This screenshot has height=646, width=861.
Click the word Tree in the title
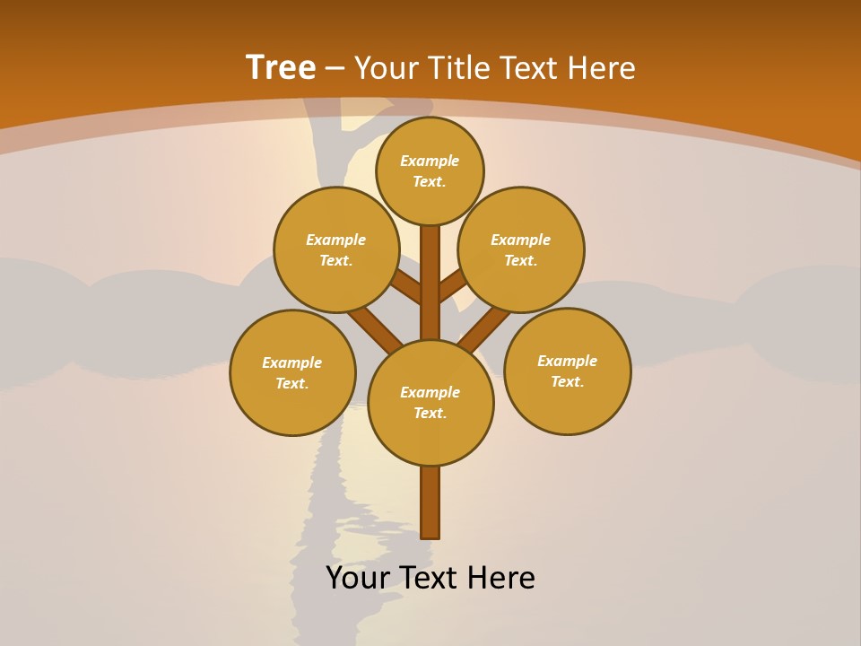pos(281,68)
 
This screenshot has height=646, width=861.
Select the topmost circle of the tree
pos(430,170)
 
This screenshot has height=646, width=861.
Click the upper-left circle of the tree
pos(336,249)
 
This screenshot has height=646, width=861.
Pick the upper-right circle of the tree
pos(521,249)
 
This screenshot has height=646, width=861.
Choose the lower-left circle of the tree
pos(292,372)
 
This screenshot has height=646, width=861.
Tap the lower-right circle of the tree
pos(567,371)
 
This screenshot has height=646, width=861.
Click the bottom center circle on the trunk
pos(430,402)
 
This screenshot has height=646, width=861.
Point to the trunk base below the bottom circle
pos(430,502)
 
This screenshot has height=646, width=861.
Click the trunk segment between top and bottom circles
pos(430,283)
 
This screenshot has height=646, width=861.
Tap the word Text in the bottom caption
pos(428,578)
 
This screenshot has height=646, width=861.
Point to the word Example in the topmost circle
pos(430,161)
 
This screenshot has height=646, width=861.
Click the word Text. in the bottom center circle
pos(430,413)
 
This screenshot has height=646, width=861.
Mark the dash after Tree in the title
pos(335,69)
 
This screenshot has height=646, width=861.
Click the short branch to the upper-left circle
pos(406,287)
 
